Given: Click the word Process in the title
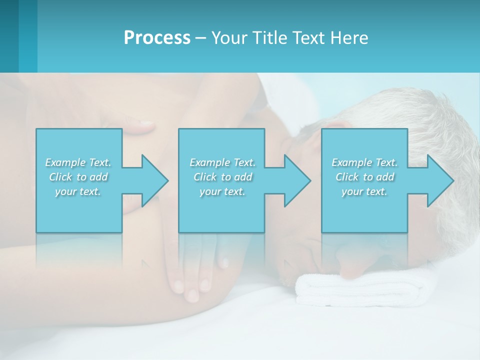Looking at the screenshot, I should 157,38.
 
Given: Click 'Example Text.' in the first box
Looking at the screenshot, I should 78,162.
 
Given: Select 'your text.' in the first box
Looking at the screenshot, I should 78,191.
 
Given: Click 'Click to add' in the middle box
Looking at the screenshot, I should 222,177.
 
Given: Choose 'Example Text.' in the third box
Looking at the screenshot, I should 364,162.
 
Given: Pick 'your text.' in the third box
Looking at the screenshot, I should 364,191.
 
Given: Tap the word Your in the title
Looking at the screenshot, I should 228,38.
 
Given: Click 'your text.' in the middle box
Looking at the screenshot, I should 222,191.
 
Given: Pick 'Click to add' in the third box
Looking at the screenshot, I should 364,177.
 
